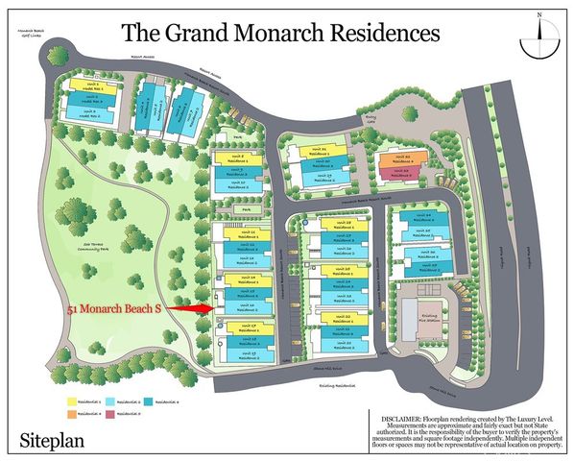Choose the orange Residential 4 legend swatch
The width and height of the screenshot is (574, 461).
[x=72, y=414]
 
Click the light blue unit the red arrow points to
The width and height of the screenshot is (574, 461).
[x=246, y=308]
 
